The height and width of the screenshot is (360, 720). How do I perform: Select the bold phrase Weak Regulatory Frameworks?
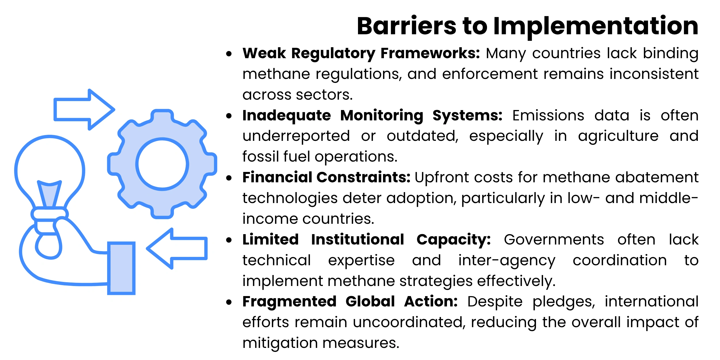coord(361,54)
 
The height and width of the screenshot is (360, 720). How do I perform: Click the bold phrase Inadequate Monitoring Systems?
coord(372,116)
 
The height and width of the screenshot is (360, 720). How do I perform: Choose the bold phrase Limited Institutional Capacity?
coord(367,240)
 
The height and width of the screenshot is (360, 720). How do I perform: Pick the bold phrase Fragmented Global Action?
coord(350,302)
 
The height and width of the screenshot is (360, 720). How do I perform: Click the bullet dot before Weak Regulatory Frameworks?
coord(229,54)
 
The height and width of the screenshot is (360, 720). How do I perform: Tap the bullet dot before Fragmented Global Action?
coord(229,302)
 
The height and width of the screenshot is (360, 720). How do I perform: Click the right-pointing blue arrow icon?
coord(84,110)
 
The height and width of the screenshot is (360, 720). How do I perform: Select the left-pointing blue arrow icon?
coord(177,249)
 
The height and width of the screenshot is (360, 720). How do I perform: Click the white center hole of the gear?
coord(162,164)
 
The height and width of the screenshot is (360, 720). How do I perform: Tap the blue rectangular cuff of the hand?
coord(121,268)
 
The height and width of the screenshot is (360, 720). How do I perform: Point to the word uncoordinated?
coord(409,322)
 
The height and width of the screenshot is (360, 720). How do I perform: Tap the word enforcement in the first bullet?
coord(490,74)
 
